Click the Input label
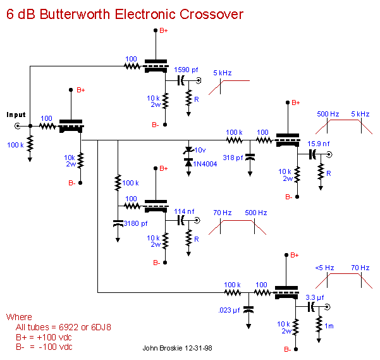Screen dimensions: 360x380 [x=16, y=115]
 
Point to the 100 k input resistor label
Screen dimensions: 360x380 [x=15, y=146]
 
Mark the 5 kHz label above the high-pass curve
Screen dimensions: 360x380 [x=222, y=73]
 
